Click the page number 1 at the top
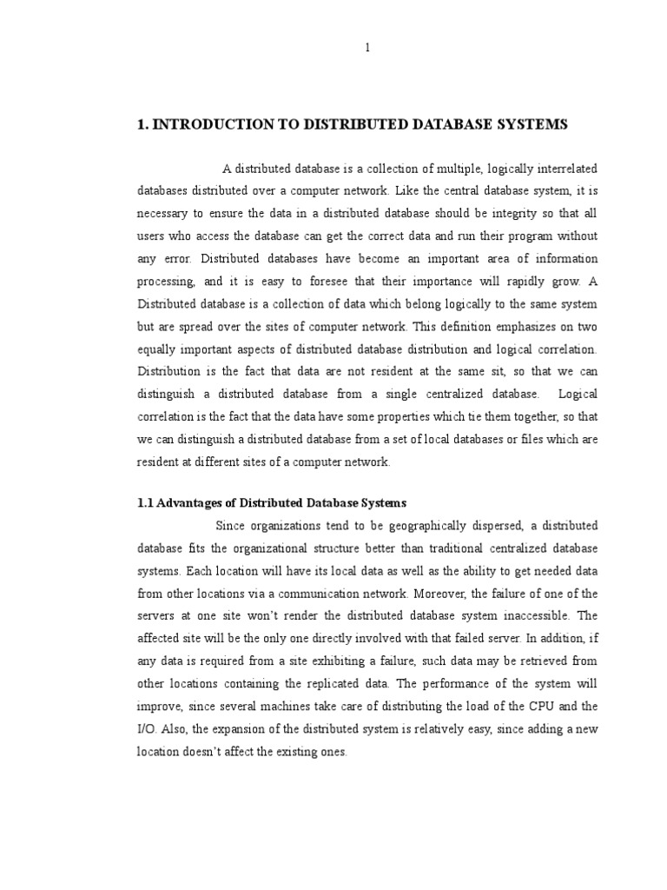tap(367, 48)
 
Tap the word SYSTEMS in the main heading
tap(529, 125)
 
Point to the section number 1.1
tap(146, 503)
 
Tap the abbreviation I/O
tap(147, 729)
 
